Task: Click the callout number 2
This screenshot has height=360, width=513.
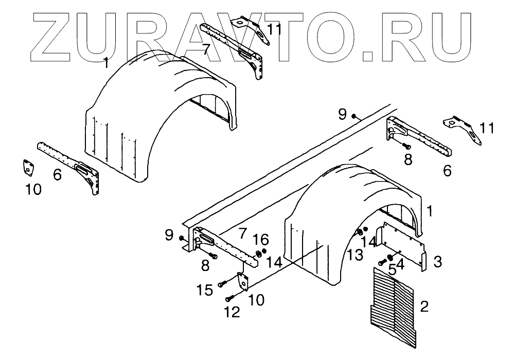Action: pyautogui.click(x=424, y=307)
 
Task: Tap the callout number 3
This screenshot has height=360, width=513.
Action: pyautogui.click(x=437, y=262)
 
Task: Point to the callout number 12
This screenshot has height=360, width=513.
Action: pyautogui.click(x=233, y=312)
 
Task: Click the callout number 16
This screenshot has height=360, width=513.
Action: pyautogui.click(x=261, y=239)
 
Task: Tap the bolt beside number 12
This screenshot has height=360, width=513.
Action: pyautogui.click(x=230, y=298)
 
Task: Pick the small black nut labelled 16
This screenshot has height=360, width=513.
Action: pyautogui.click(x=264, y=251)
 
